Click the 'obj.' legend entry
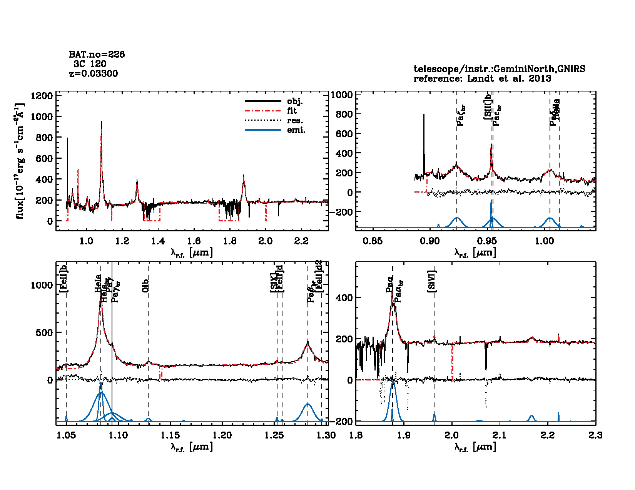tap(295, 101)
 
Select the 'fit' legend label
tap(292, 111)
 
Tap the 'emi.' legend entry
tap(296, 130)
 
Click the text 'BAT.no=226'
tap(97, 55)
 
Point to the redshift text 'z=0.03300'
tap(94, 73)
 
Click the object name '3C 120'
tap(90, 64)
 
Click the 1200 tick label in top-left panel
tap(42, 96)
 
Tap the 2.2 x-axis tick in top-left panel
tap(301, 241)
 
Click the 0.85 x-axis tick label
tap(373, 241)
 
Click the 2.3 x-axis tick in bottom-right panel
tap(595, 435)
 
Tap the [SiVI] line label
tap(432, 282)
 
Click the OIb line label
tap(145, 286)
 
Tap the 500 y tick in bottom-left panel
tap(45, 332)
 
